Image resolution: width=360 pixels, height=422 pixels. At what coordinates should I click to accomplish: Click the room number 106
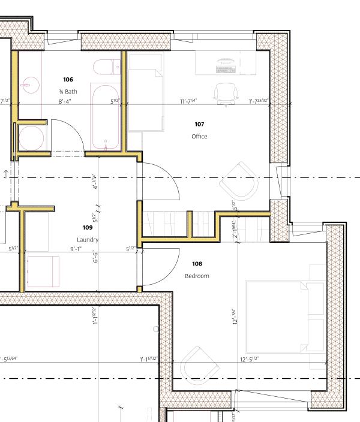[x=68, y=79]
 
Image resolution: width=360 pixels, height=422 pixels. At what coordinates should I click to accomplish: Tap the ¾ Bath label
[x=68, y=92]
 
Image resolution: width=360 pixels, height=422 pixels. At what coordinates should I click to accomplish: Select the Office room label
[x=199, y=137]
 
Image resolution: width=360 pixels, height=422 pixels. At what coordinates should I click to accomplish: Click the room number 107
[x=199, y=124]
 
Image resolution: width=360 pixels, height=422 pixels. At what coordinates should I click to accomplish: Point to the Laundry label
[x=88, y=240]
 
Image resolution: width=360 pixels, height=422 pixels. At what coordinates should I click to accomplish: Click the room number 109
[x=88, y=227]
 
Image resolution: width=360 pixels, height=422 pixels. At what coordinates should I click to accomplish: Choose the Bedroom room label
[x=197, y=276]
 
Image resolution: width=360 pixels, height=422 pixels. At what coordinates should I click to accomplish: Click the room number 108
[x=197, y=264]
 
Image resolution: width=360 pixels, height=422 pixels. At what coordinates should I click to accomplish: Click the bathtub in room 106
[x=106, y=116]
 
